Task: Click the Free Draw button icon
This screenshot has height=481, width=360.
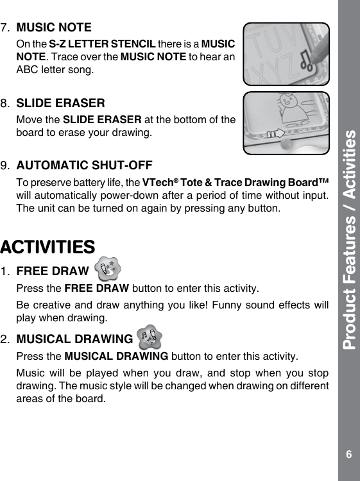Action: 108,266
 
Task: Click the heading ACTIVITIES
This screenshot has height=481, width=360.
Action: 48,246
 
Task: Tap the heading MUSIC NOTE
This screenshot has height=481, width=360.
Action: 53,28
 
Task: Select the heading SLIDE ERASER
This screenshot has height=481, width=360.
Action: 60,103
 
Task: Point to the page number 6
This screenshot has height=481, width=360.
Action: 348,455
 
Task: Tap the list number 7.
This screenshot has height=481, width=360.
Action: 6,28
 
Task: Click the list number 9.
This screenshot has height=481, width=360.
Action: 6,165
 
